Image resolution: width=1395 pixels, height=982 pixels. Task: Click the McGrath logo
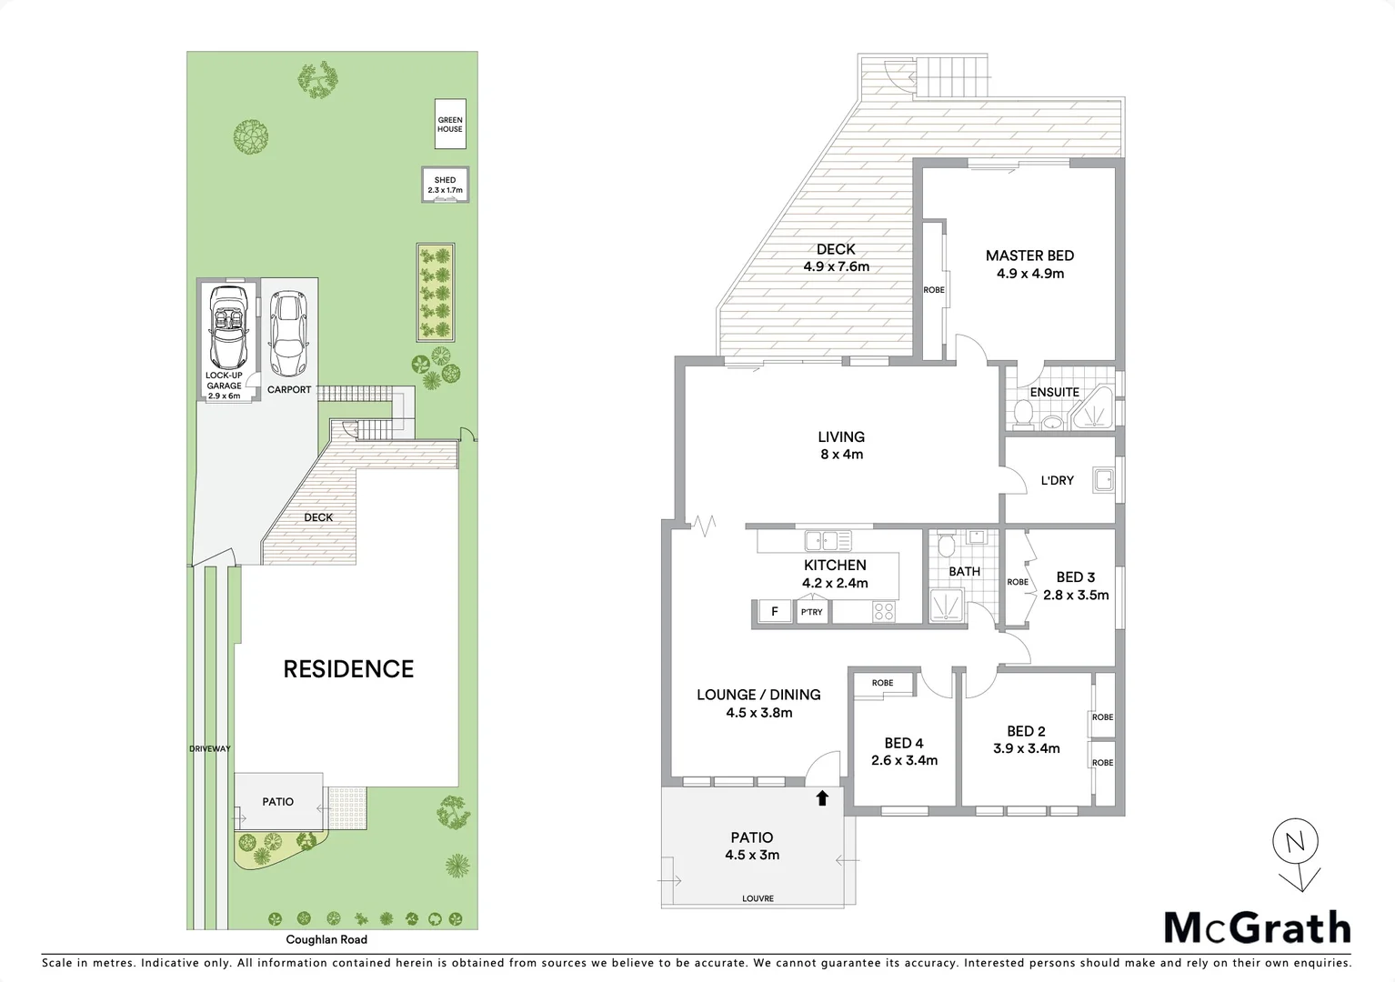coord(1257,928)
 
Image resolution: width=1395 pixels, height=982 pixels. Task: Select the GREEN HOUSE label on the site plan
coord(450,125)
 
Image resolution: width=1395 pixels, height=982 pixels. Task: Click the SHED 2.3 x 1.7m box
coord(445,185)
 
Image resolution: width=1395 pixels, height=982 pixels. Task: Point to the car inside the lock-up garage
coord(226,325)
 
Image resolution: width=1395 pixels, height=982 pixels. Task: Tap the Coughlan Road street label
coord(326,939)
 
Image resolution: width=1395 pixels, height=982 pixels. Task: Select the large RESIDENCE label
coord(348,669)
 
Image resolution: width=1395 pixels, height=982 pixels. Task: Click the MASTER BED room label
coord(1029,256)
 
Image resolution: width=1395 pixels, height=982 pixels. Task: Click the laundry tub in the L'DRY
coord(1104,479)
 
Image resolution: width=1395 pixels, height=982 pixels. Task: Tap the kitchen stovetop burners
coord(883,612)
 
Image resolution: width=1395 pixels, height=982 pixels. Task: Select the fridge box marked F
coord(774,612)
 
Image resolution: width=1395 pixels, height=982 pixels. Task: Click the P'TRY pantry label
coord(811,612)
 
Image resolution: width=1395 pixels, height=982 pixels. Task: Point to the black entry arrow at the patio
coord(822,797)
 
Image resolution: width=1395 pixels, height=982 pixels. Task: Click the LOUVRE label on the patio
coord(758,898)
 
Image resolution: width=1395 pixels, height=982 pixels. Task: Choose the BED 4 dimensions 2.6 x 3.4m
coord(904,760)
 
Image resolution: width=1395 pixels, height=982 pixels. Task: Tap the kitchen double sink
coord(827,541)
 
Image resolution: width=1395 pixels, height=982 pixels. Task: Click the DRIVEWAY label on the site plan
coord(210,748)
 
